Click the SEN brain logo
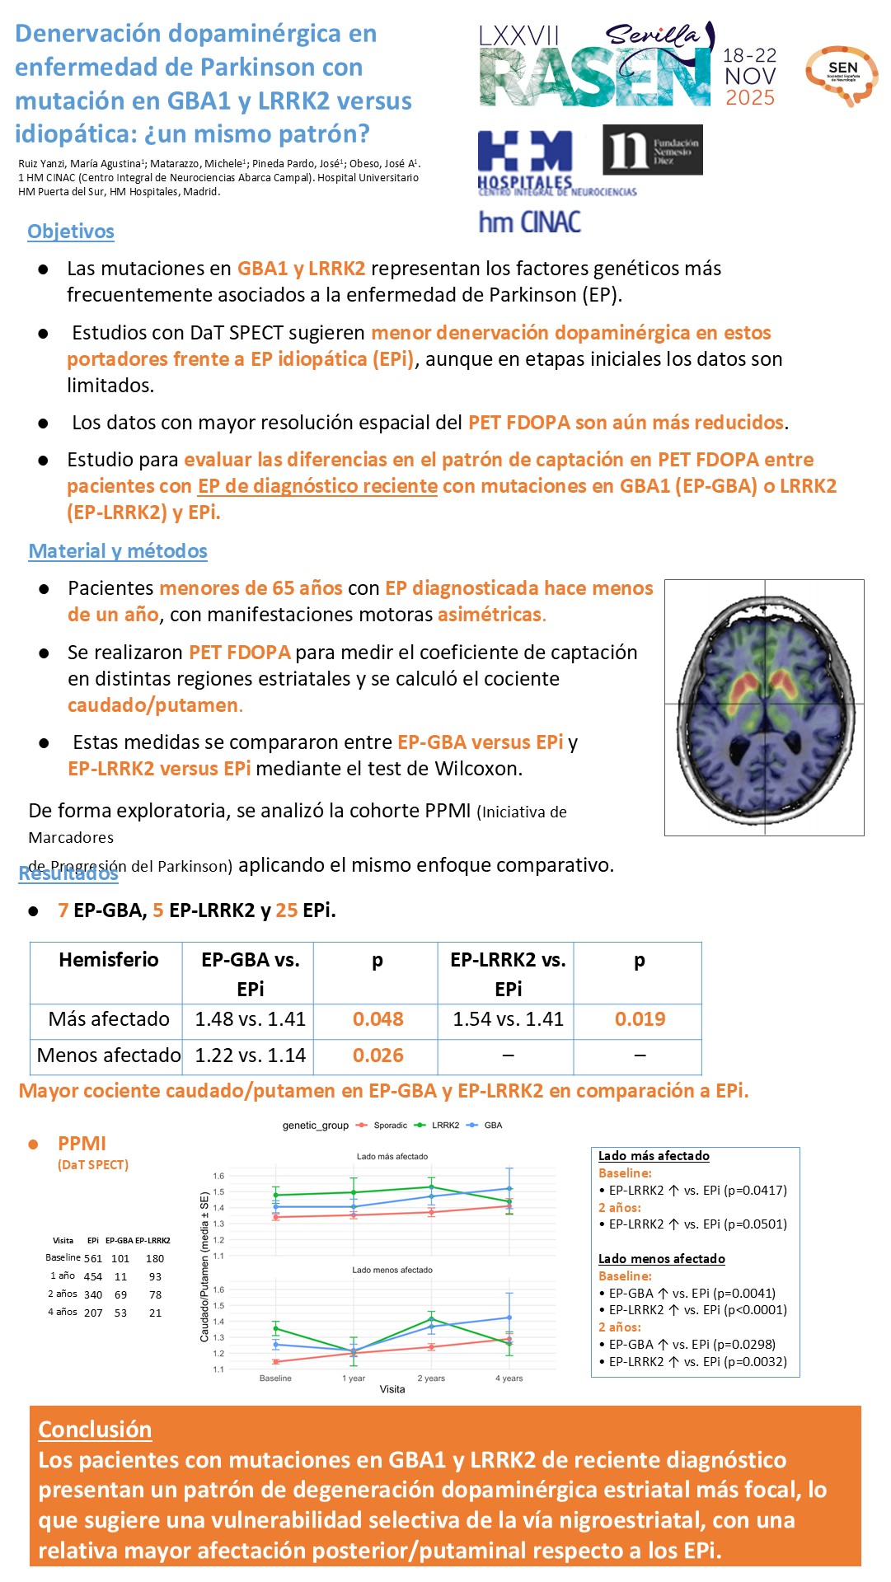[842, 75]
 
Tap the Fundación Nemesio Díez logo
[652, 150]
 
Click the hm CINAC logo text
[529, 222]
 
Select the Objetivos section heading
[71, 232]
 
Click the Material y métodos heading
[118, 551]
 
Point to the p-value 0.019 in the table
[640, 1019]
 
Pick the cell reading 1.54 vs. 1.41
[508, 1019]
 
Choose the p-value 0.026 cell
[378, 1055]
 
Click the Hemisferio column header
[108, 960]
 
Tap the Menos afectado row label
[108, 1055]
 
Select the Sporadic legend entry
[390, 1126]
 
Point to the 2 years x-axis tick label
[431, 1378]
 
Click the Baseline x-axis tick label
[275, 1378]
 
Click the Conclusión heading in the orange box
[95, 1430]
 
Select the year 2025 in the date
[749, 97]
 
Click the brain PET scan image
[764, 707]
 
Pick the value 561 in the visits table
[93, 1259]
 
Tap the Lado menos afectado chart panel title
[392, 1270]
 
